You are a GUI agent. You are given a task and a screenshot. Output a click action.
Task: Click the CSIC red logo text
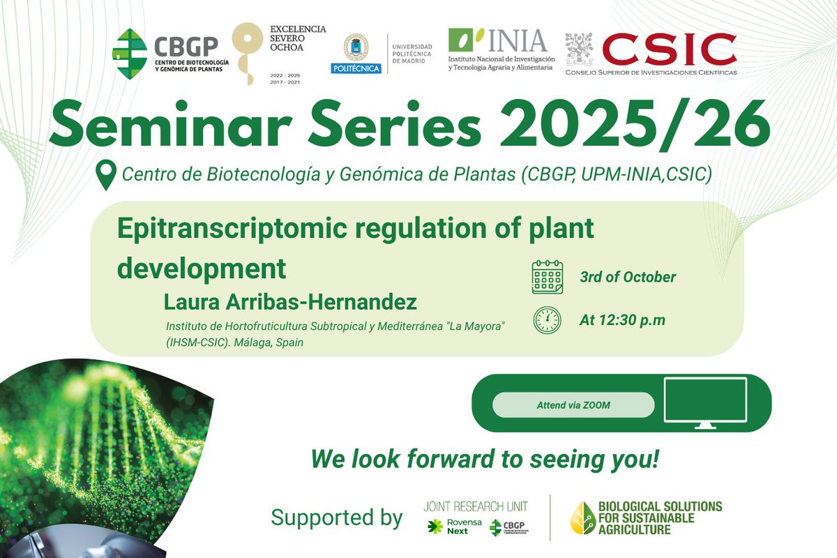click(x=669, y=49)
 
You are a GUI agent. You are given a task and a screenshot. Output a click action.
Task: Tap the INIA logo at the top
click(x=497, y=42)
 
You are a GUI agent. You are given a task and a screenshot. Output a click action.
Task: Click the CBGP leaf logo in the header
click(x=130, y=52)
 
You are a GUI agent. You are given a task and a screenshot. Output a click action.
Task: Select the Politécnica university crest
click(x=356, y=48)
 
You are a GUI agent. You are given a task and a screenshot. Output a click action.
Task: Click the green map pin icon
click(x=105, y=175)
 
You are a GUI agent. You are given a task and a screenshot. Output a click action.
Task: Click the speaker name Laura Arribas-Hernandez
click(x=290, y=303)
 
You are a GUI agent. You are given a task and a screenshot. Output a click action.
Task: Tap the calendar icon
click(x=548, y=277)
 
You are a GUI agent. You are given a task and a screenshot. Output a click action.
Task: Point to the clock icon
click(x=548, y=320)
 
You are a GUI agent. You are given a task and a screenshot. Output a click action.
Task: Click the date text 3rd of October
click(x=628, y=277)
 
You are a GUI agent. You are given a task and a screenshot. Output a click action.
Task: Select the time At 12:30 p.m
click(x=622, y=320)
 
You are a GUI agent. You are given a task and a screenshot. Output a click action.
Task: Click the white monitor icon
click(x=705, y=402)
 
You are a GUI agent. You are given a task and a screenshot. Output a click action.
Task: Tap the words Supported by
click(x=337, y=518)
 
